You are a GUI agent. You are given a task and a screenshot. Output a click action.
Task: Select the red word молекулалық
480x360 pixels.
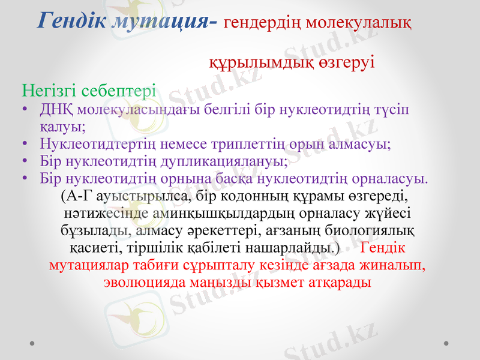(359, 23)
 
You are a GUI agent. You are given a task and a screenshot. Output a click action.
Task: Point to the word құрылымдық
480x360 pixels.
(251, 62)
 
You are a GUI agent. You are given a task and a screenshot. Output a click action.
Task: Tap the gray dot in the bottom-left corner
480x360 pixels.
(32, 343)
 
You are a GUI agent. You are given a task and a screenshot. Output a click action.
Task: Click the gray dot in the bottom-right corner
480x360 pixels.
(446, 343)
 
